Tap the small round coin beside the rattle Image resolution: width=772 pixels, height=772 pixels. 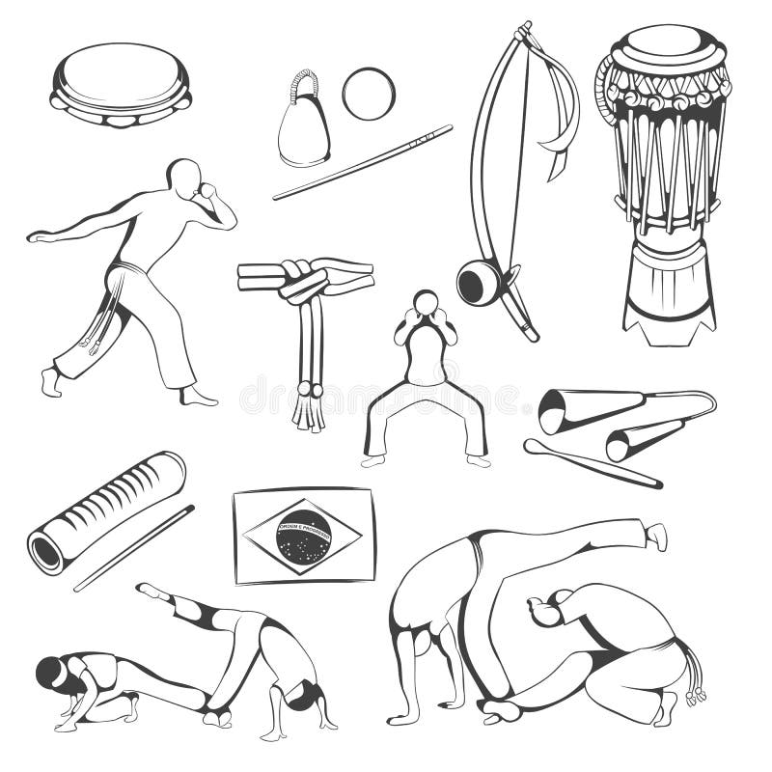point(368,94)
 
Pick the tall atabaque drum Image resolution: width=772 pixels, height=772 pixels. point(664,183)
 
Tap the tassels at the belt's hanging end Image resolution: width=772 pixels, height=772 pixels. point(310,409)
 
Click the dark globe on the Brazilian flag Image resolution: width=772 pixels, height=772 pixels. point(303,536)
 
